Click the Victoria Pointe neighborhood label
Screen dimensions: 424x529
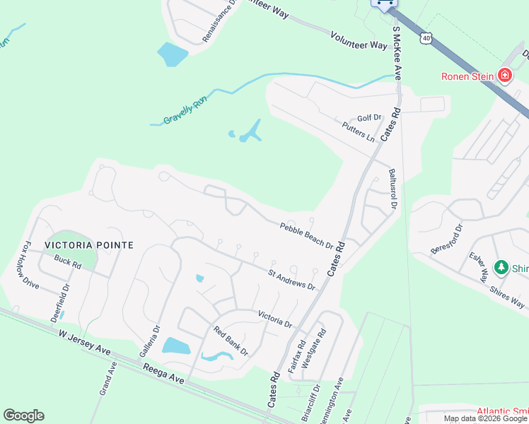click(89, 245)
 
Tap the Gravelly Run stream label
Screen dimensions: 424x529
click(185, 111)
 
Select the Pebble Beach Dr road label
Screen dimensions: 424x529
click(306, 235)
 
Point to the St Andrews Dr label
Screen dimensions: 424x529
click(291, 278)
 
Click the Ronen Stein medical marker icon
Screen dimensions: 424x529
click(504, 76)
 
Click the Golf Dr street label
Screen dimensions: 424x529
click(369, 118)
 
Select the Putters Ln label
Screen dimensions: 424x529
click(358, 131)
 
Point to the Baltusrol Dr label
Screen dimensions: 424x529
click(391, 188)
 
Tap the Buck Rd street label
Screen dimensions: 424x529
click(68, 266)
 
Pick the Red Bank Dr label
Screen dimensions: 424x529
click(231, 341)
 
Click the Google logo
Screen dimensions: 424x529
click(23, 416)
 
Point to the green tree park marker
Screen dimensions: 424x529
click(501, 267)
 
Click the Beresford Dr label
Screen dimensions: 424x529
click(447, 240)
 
